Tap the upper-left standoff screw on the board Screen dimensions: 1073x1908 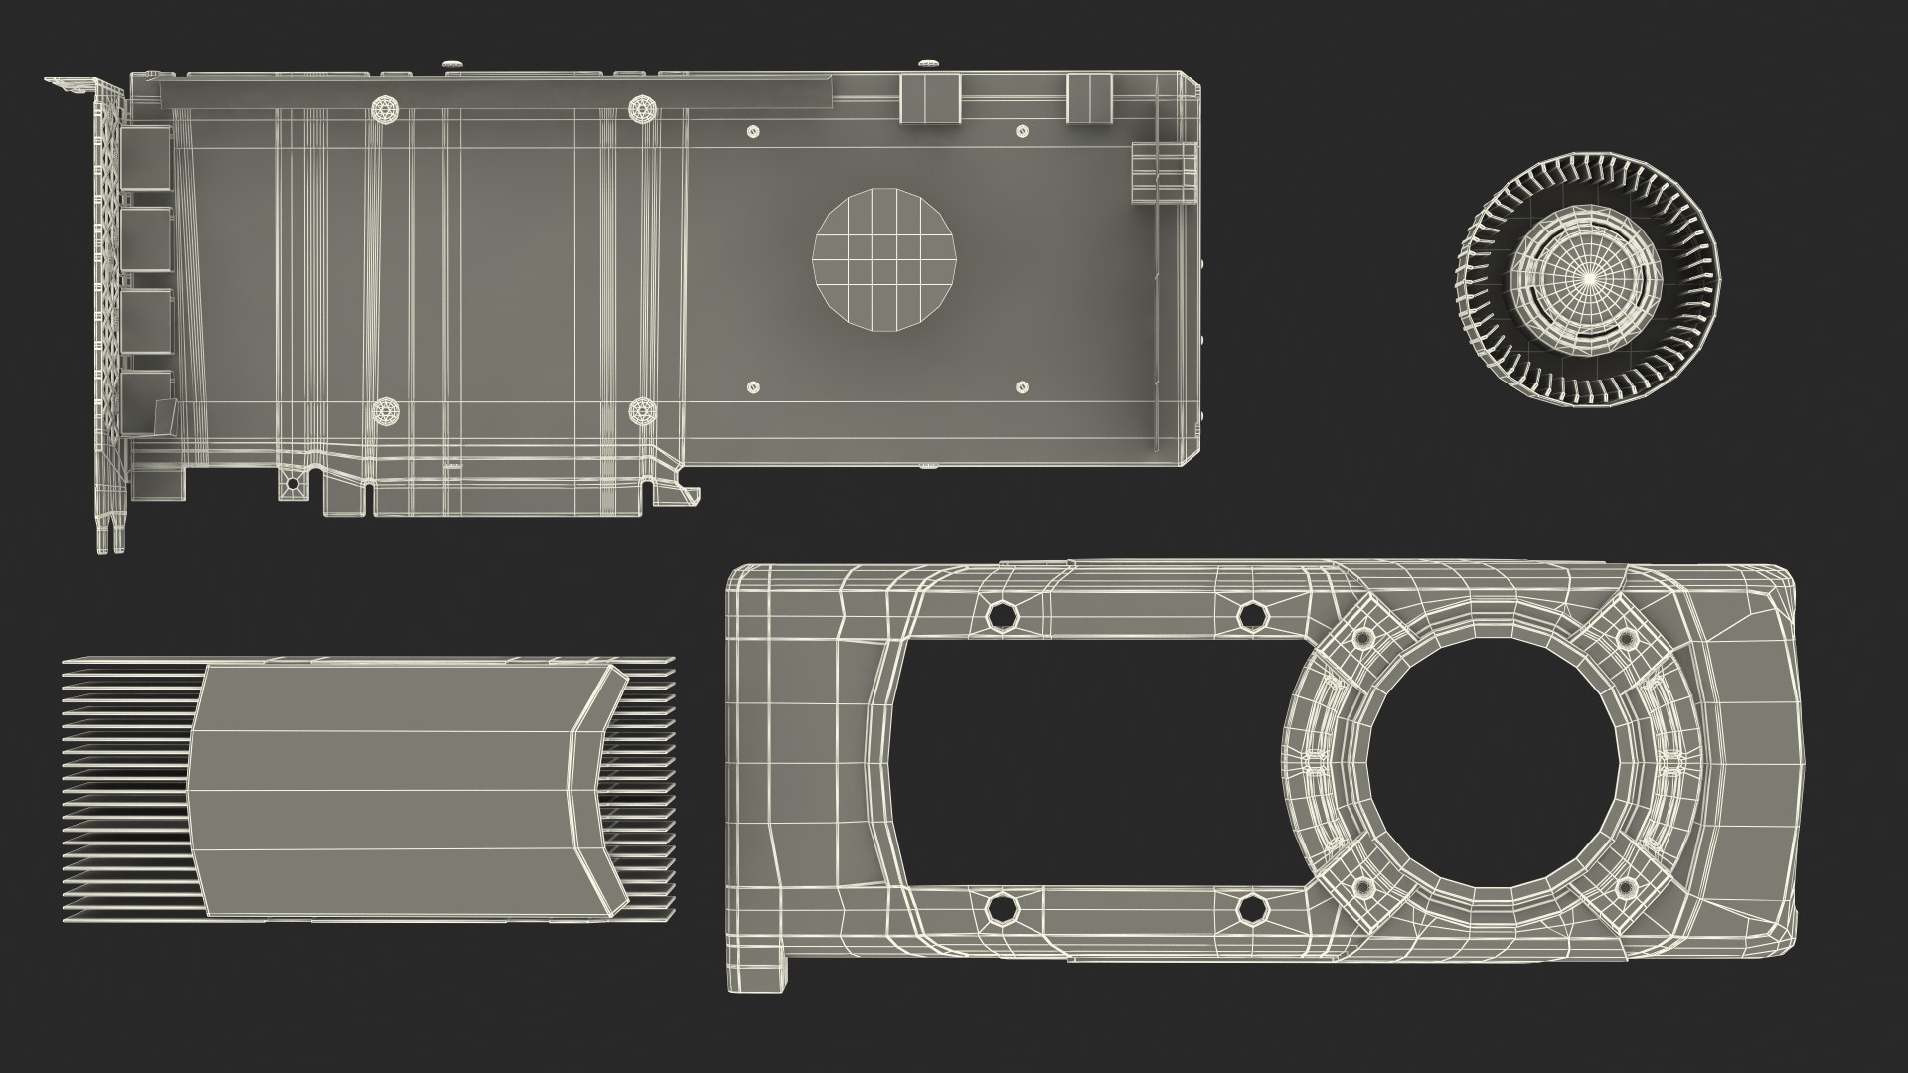(x=386, y=109)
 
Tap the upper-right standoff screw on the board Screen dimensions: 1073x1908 (x=643, y=108)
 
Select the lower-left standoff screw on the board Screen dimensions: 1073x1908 (x=386, y=411)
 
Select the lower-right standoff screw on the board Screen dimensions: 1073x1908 (x=643, y=411)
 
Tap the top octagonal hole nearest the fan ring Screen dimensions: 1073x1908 (x=1252, y=616)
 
